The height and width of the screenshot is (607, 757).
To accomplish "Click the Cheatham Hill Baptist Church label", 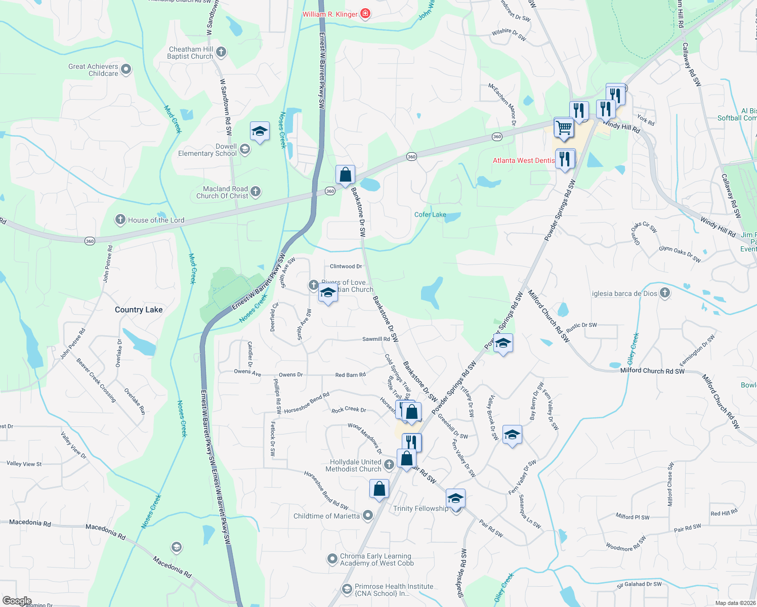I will (x=190, y=53).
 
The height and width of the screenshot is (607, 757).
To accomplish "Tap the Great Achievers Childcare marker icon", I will (x=127, y=69).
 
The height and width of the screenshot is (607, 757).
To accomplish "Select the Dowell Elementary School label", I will (x=207, y=150).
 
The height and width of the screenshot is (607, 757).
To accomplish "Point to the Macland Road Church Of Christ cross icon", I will (x=256, y=191).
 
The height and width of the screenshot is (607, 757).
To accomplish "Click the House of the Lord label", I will (x=156, y=220).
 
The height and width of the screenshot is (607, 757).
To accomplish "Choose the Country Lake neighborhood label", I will (x=139, y=310).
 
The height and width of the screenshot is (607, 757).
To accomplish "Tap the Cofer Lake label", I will (x=430, y=214).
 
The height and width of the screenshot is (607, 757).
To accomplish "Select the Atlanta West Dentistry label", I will (x=524, y=160).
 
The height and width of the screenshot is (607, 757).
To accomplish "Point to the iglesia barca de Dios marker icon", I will (x=665, y=292).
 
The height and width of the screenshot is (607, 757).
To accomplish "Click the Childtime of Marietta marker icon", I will (x=368, y=515).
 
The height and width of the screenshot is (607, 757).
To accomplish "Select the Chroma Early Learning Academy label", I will (x=376, y=559).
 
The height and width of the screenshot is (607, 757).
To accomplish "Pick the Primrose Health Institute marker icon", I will (x=347, y=589).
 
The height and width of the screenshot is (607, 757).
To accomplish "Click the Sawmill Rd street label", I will (x=376, y=339).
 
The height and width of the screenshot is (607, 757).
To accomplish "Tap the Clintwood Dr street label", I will (x=346, y=266).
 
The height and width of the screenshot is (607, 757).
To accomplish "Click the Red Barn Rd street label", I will (x=350, y=375).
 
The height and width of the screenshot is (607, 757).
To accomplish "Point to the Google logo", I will (x=17, y=601).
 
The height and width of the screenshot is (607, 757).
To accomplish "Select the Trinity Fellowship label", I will (x=420, y=508).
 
